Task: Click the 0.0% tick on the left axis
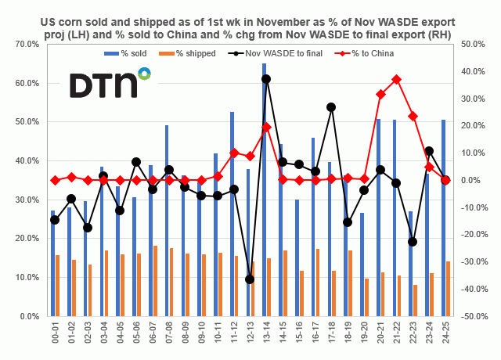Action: [31, 316]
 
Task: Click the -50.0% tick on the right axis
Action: [474, 316]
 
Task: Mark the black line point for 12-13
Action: [250, 279]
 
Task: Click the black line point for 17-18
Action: [331, 107]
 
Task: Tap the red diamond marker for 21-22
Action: [396, 79]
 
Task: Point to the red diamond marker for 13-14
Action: [266, 127]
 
